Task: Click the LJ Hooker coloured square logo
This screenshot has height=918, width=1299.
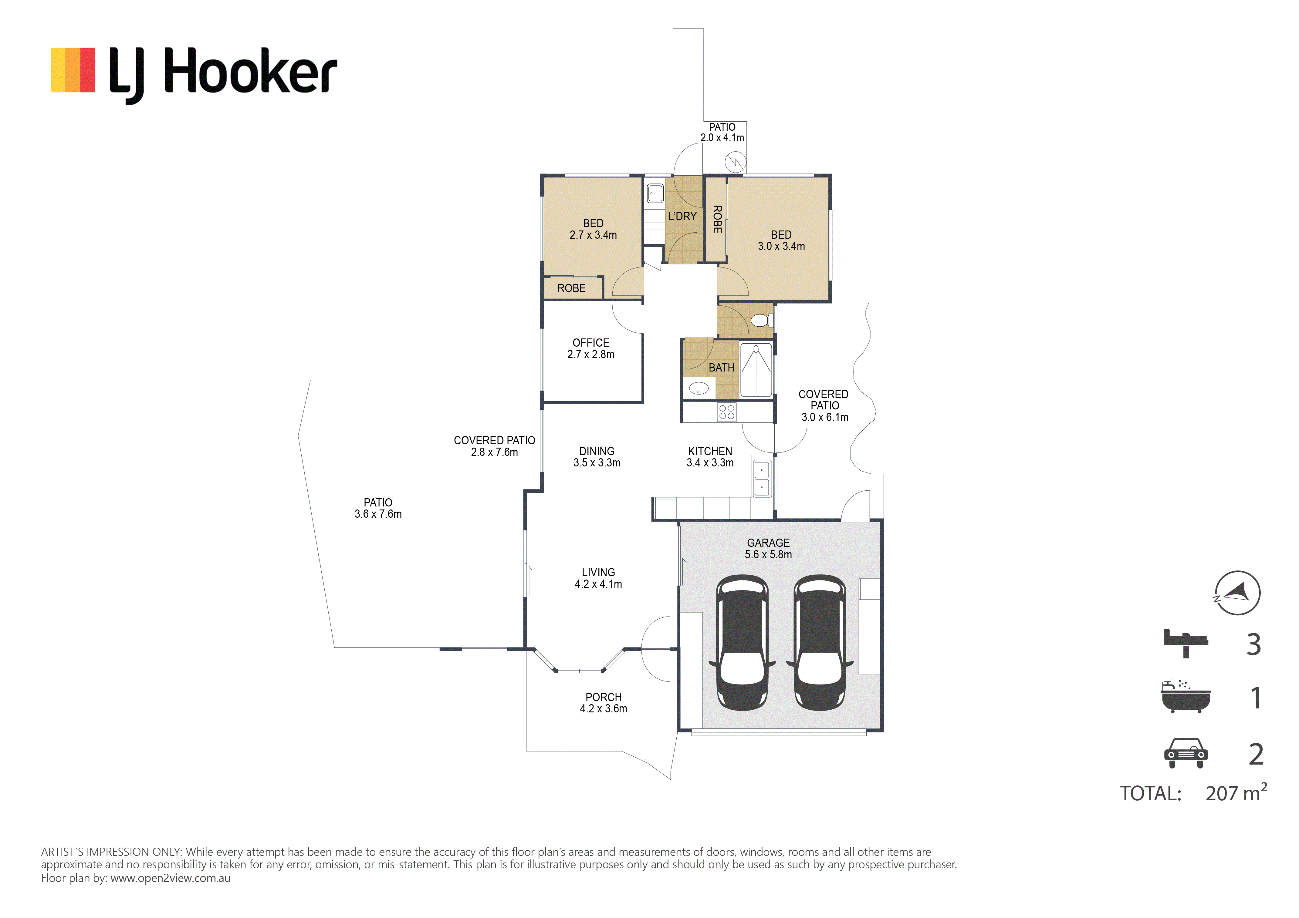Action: [x=73, y=70]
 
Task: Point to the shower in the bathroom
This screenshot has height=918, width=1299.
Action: [x=756, y=370]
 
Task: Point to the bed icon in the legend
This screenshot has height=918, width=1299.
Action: [x=1186, y=644]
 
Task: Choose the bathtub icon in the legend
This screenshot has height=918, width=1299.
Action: [x=1186, y=697]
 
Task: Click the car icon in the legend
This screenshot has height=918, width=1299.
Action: [x=1186, y=753]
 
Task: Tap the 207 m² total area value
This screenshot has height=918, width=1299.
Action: [x=1236, y=792]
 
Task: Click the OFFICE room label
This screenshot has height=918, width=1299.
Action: [x=591, y=343]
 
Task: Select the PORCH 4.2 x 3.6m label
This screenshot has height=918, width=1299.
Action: [x=604, y=703]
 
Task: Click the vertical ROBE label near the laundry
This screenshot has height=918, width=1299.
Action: [x=717, y=220]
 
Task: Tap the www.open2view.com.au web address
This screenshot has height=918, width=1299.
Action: [x=170, y=878]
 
